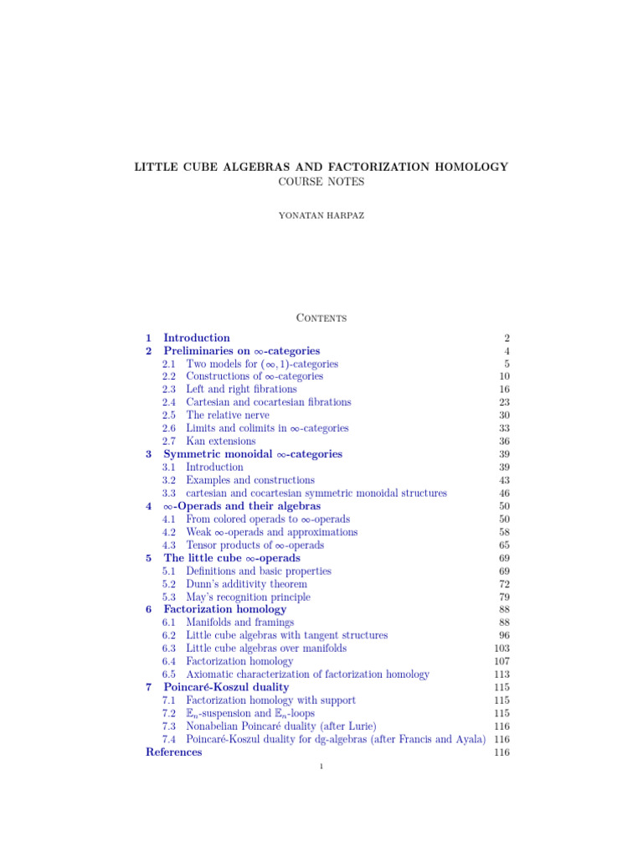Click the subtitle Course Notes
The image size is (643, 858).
(321, 182)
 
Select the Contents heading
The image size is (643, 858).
(321, 318)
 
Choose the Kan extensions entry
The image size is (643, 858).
(220, 442)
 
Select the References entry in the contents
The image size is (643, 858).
(173, 752)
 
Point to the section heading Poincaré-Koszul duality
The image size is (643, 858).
(226, 687)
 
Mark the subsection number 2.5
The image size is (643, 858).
(169, 416)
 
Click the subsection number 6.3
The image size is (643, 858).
(169, 649)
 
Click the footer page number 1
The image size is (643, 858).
(321, 772)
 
